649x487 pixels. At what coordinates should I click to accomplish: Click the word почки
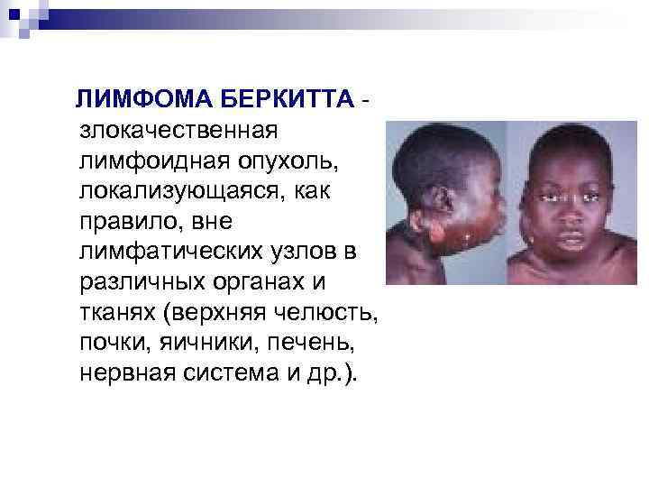pyautogui.click(x=111, y=343)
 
